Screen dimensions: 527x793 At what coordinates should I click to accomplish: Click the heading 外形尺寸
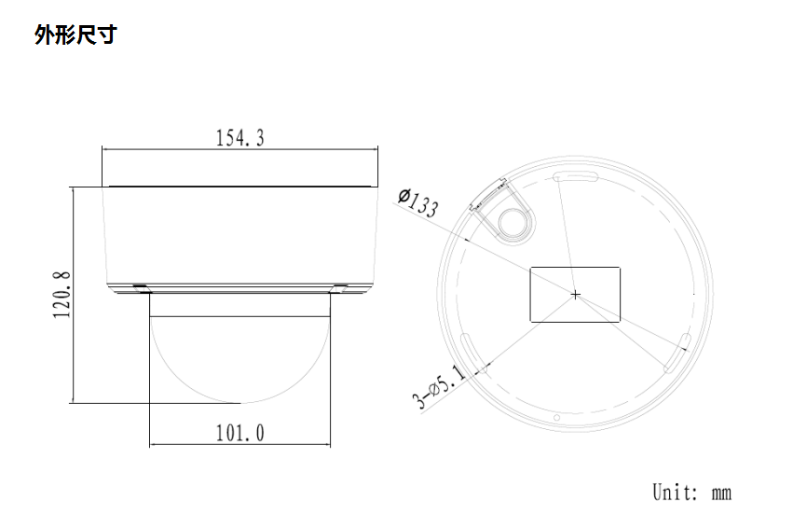point(75,36)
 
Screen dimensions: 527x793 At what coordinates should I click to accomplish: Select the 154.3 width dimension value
point(240,139)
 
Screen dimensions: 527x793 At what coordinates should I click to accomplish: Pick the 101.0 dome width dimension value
point(240,434)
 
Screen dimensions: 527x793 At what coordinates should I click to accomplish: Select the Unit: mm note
point(690,492)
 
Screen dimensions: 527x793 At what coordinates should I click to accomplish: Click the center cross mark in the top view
point(575,295)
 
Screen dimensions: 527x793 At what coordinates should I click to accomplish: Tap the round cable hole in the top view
point(513,220)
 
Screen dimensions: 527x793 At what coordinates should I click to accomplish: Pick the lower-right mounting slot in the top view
point(677,352)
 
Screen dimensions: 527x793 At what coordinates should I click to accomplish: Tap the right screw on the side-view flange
point(340,286)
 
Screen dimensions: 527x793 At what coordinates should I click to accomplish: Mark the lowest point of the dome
point(240,403)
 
